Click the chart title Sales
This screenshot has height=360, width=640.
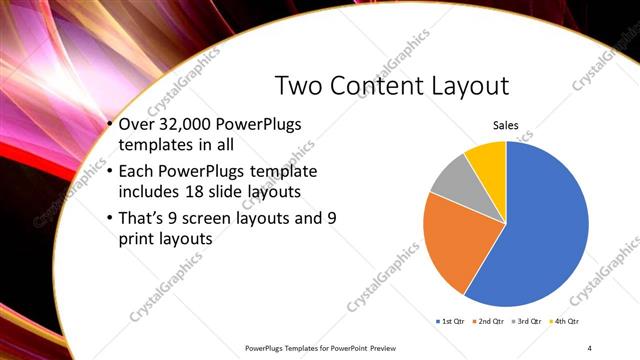click(x=506, y=126)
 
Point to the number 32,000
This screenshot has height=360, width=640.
click(x=188, y=125)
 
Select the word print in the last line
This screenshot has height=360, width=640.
click(x=139, y=240)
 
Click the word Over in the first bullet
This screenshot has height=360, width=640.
click(x=136, y=125)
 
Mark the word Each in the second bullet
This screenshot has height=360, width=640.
click(x=137, y=168)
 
